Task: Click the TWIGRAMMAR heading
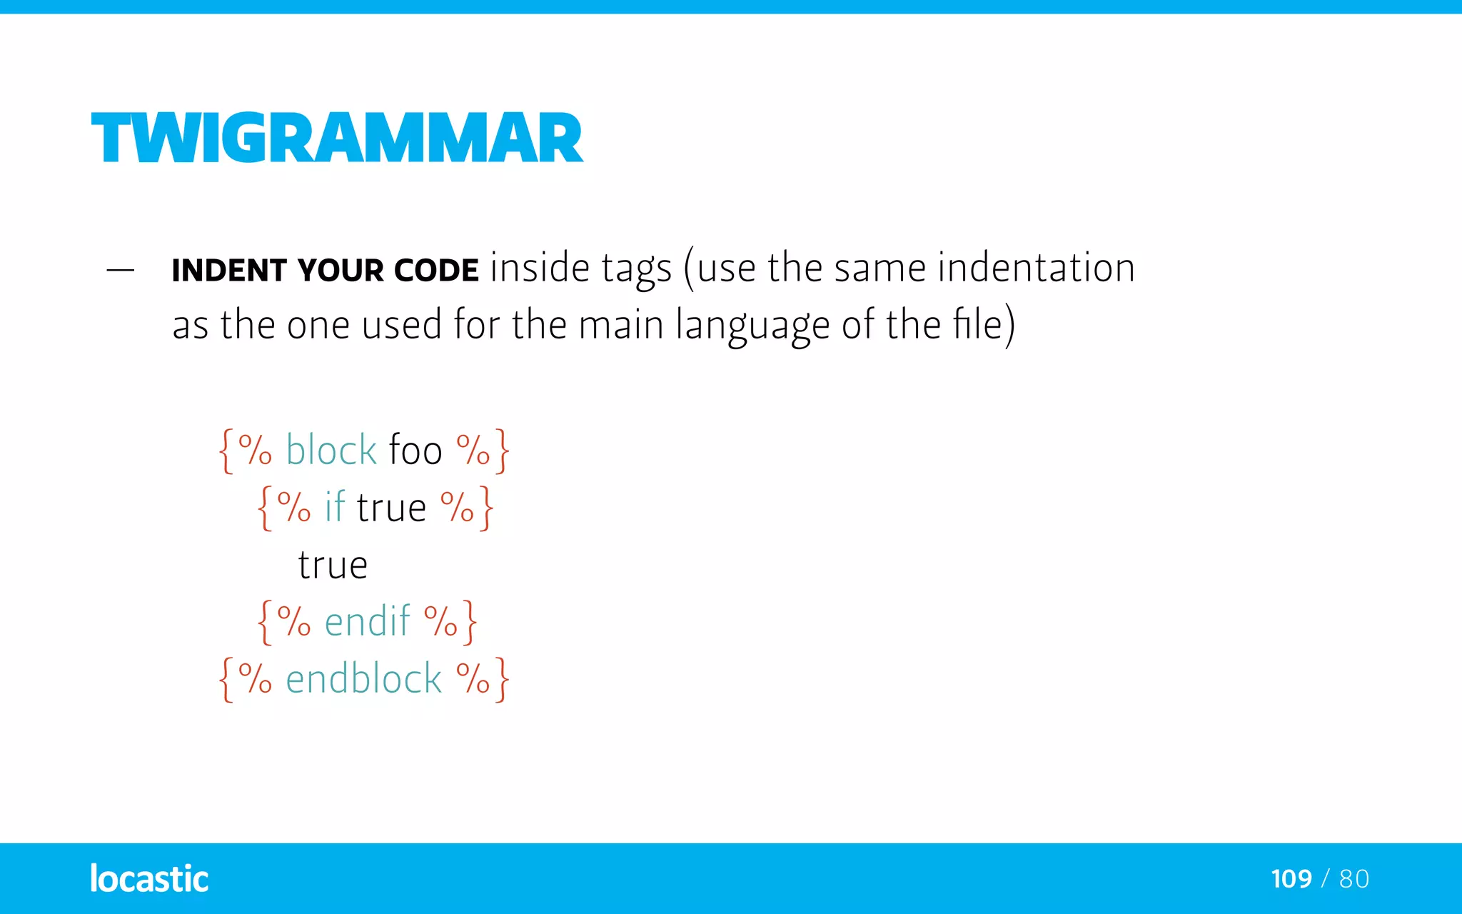(x=337, y=138)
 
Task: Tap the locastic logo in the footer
(x=149, y=878)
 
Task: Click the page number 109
(x=1291, y=879)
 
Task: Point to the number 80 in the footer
(x=1354, y=879)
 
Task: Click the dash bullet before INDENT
(x=120, y=270)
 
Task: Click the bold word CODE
(x=436, y=271)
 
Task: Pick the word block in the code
(x=331, y=451)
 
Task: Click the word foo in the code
(x=415, y=451)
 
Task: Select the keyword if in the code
(x=334, y=508)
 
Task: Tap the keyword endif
(x=367, y=621)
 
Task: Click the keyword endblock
(x=363, y=678)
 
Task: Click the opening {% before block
(x=245, y=451)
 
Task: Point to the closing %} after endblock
(x=483, y=678)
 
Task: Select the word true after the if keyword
(x=391, y=508)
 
